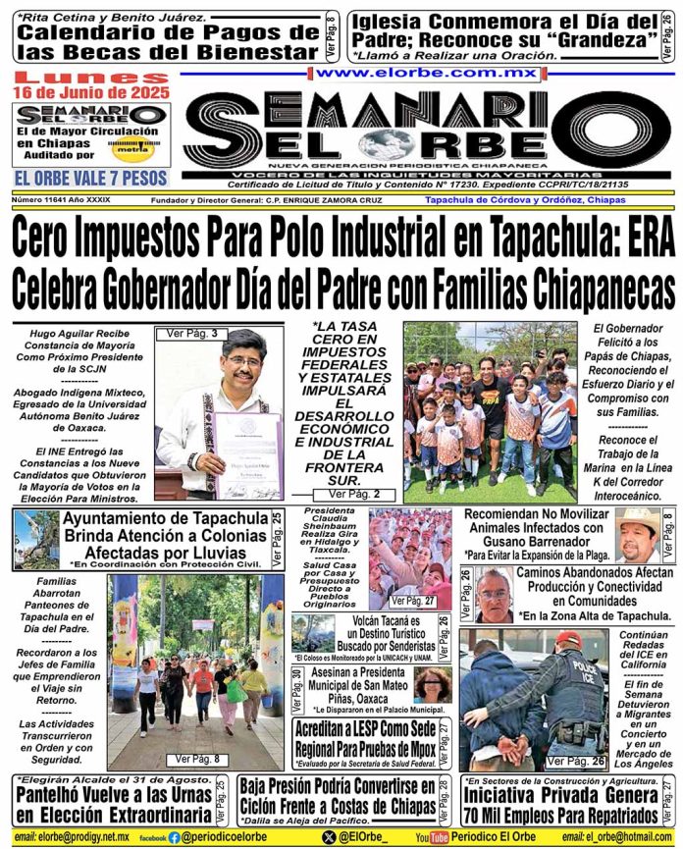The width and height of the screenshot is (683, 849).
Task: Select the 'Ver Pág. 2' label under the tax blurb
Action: point(348,495)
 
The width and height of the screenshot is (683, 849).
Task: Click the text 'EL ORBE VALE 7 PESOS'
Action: point(90,178)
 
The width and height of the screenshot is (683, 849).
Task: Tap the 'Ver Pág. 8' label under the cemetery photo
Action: point(196,759)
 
